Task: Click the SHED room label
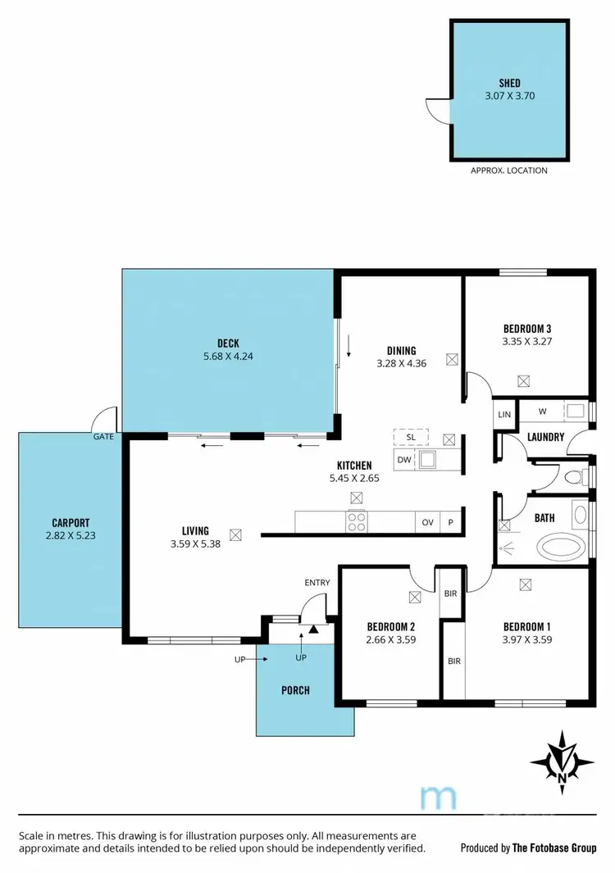(509, 83)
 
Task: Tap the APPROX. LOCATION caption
(508, 171)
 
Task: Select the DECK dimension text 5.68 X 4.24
(228, 357)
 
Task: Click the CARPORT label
(70, 522)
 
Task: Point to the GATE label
(103, 437)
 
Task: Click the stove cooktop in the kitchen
(358, 521)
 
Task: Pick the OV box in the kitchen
(427, 522)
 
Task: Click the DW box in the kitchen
(403, 460)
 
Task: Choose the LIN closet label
(504, 415)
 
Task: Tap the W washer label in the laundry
(542, 411)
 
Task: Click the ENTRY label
(317, 583)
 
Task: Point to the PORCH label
(295, 690)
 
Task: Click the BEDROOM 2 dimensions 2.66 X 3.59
(391, 640)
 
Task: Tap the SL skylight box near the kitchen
(411, 437)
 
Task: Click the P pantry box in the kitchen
(450, 522)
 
